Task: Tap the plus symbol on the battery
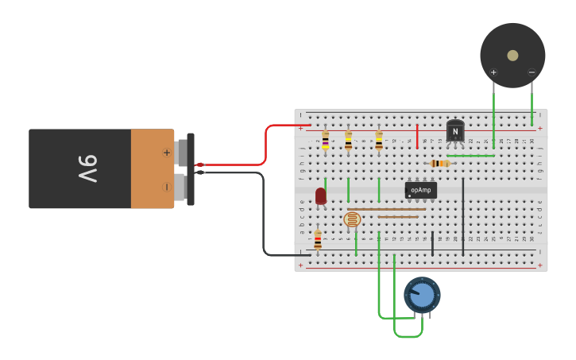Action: click(166, 153)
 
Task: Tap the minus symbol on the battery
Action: click(166, 188)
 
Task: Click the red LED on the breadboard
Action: click(321, 195)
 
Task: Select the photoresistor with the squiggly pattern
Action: click(351, 219)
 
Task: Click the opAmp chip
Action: click(420, 190)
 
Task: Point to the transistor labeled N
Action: click(455, 131)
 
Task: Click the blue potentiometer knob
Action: click(422, 295)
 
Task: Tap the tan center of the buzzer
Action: click(512, 56)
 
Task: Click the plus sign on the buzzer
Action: click(493, 73)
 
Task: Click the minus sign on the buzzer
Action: click(532, 73)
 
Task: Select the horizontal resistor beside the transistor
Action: click(439, 164)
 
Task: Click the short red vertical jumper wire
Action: click(417, 136)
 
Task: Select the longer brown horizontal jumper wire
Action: click(386, 209)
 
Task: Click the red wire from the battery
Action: click(266, 143)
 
